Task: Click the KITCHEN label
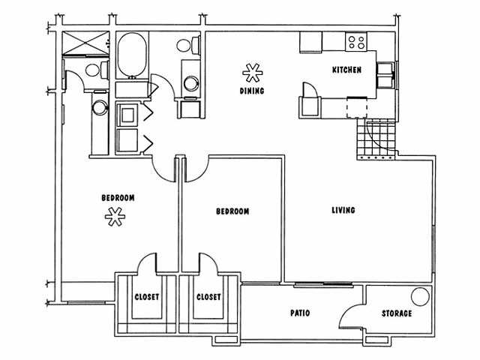tap(347, 70)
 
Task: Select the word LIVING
tap(343, 210)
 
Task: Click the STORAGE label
tap(396, 313)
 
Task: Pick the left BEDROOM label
tap(118, 198)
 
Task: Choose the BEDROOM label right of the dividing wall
tap(232, 211)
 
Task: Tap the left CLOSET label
tap(147, 297)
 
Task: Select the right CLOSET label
tap(208, 297)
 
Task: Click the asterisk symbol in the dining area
tap(252, 73)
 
